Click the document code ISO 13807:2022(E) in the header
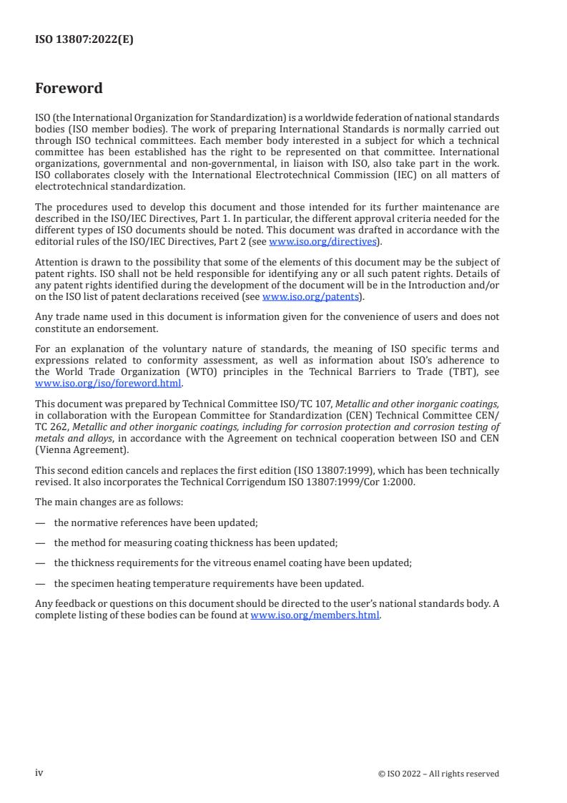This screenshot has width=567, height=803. click(84, 40)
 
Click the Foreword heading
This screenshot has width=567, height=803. click(69, 89)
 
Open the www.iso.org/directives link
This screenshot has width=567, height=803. click(322, 241)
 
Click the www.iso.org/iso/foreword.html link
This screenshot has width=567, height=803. click(107, 383)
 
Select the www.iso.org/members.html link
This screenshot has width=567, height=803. click(315, 615)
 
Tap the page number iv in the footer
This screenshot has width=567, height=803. click(39, 773)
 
